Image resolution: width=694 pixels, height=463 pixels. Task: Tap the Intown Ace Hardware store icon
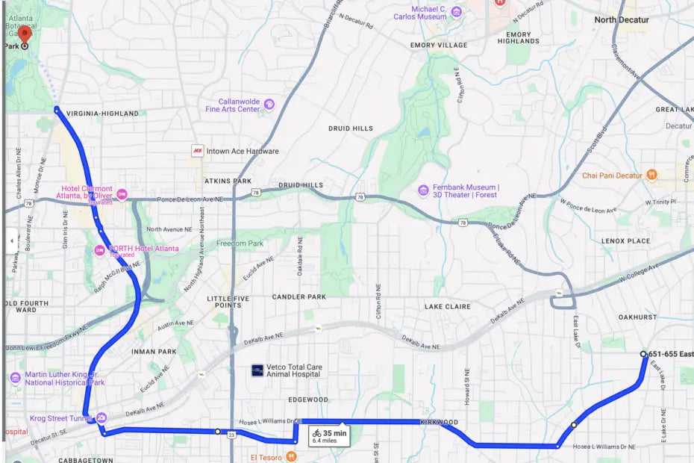point(198,151)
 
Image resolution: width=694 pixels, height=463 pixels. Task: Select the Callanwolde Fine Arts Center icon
point(269,104)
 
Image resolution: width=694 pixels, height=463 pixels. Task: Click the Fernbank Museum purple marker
point(423,190)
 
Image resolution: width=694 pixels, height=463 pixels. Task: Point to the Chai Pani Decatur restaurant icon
point(652,175)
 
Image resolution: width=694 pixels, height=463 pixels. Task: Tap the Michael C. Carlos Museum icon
point(456,11)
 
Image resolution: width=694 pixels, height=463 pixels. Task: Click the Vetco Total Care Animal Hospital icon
point(257,370)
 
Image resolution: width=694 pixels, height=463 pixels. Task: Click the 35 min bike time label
point(334,432)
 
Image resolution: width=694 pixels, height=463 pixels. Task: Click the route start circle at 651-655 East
point(643,354)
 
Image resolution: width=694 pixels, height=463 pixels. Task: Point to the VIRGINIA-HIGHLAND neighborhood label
point(102,114)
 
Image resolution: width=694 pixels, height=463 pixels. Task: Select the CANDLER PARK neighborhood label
point(298,297)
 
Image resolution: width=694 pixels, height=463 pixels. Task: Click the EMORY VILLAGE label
point(439,46)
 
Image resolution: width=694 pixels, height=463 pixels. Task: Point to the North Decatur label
point(621,20)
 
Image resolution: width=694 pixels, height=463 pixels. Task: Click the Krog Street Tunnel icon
point(101,417)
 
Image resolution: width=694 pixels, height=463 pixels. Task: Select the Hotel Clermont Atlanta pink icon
point(122,194)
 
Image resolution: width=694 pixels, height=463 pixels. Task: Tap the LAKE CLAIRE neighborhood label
point(447,307)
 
